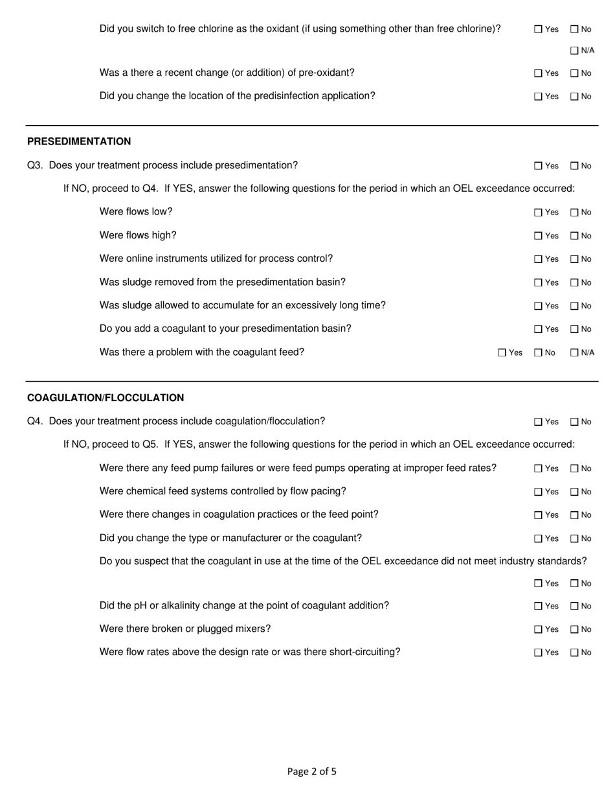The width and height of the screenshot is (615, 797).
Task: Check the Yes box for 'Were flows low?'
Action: (538, 213)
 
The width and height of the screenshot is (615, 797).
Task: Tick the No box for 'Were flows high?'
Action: (574, 236)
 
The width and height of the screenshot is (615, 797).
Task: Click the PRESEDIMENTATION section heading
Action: (79, 141)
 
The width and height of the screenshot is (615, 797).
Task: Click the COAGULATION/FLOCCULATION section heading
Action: (106, 398)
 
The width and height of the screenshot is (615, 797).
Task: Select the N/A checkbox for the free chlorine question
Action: (574, 51)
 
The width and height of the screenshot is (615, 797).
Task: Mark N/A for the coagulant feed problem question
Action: (574, 353)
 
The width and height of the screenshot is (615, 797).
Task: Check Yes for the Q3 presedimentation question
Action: (538, 166)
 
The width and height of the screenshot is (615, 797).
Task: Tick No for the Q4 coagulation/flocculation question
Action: (574, 422)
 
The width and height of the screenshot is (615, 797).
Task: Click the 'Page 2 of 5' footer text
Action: (312, 771)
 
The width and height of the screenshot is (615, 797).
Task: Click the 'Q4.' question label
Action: (35, 421)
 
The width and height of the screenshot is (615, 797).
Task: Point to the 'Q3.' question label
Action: (35, 165)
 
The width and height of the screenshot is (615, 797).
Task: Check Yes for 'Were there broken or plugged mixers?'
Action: (538, 629)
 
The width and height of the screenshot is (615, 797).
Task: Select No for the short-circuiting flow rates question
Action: (574, 653)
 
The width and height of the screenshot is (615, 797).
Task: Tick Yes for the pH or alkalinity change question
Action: (538, 606)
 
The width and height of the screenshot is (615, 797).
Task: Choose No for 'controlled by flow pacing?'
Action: (574, 492)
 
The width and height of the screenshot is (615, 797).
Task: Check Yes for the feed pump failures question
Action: (538, 468)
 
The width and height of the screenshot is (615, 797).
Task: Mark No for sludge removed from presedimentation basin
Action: (574, 283)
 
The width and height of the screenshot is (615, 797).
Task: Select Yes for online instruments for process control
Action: (538, 259)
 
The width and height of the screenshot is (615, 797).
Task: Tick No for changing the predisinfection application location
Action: (574, 97)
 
